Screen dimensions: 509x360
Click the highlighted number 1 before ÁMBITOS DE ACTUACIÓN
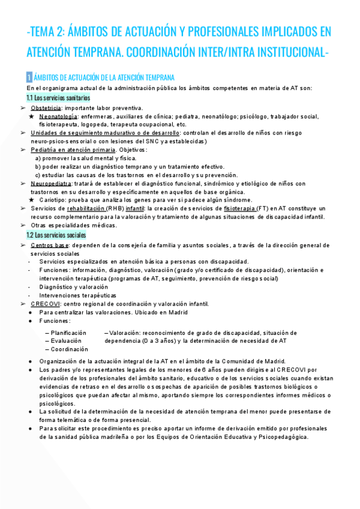click(29, 77)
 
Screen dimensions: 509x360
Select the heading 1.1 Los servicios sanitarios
click(58, 97)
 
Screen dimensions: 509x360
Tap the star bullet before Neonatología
click(31, 116)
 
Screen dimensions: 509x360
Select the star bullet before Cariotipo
click(31, 200)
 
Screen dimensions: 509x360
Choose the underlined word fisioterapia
click(238, 208)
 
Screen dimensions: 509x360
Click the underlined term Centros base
click(49, 245)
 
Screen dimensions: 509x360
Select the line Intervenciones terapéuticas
click(77, 295)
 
